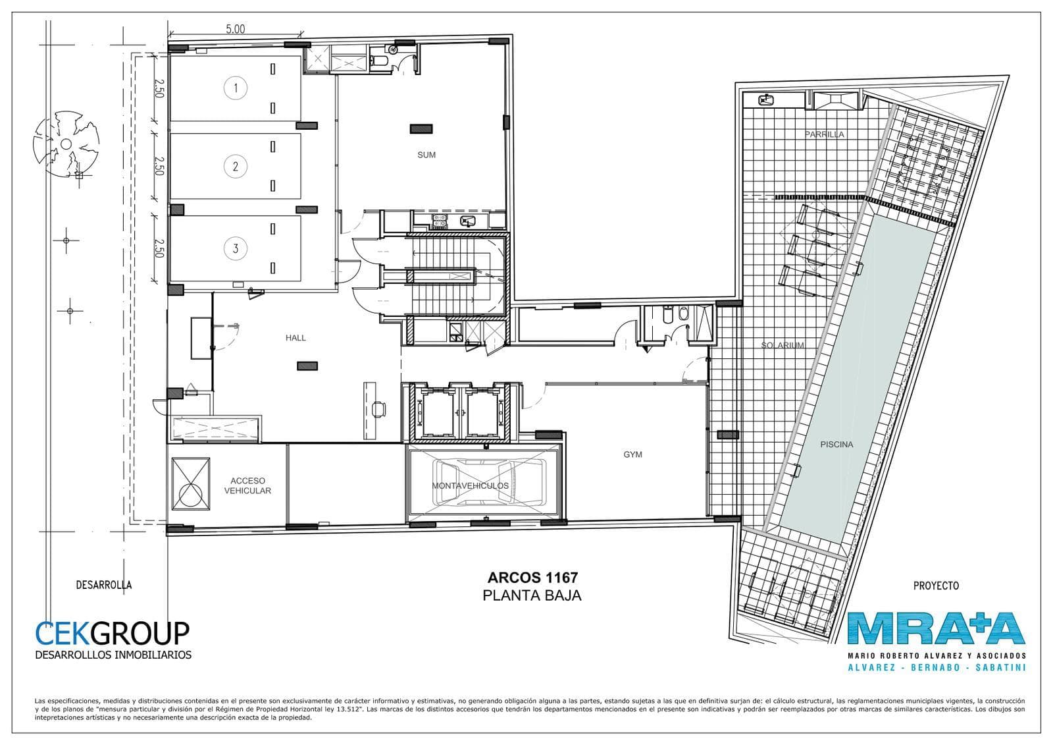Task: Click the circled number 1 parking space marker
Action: coord(236,88)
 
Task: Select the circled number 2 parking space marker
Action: coord(236,166)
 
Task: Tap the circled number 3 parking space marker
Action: coord(236,248)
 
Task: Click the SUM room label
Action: coord(426,155)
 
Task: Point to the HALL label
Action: coord(295,338)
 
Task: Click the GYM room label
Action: coord(632,455)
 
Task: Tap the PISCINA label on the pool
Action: coord(836,444)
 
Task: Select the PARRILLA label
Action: coord(825,134)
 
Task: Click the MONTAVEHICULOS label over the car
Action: coord(470,485)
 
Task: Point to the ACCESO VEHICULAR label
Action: coord(247,485)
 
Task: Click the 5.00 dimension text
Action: coord(236,29)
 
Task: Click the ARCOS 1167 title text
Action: coord(532,578)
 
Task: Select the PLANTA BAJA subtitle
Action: coord(532,596)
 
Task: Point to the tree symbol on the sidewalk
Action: coord(66,144)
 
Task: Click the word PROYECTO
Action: coord(936,586)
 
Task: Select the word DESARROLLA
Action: coord(104,585)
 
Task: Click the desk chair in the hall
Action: coord(379,410)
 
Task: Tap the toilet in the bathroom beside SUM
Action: coord(378,60)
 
